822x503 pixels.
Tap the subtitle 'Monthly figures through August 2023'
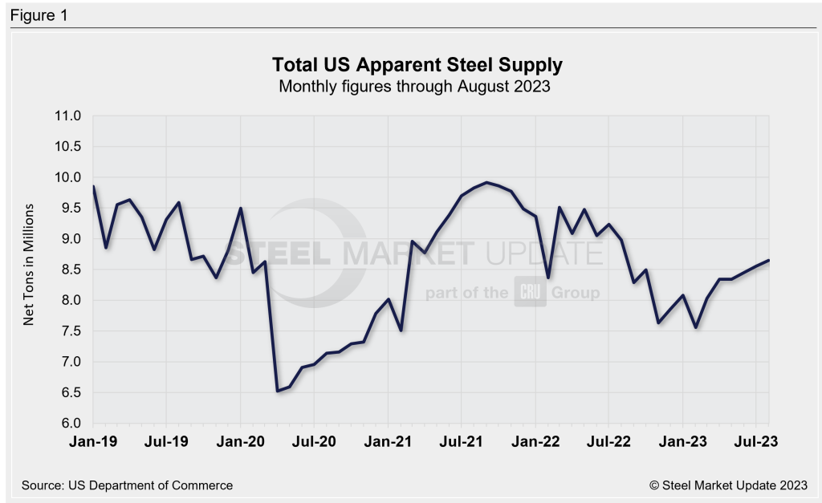413,87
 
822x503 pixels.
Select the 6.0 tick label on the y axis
71,424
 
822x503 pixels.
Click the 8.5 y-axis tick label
71,270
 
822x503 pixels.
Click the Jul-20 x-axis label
315,441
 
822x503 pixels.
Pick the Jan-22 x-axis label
535,441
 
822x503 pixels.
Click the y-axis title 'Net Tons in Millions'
29,264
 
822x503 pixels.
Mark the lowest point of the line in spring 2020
277,391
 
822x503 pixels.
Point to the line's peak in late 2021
486,182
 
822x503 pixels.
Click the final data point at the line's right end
769,260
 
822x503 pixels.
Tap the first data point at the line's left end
94,187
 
